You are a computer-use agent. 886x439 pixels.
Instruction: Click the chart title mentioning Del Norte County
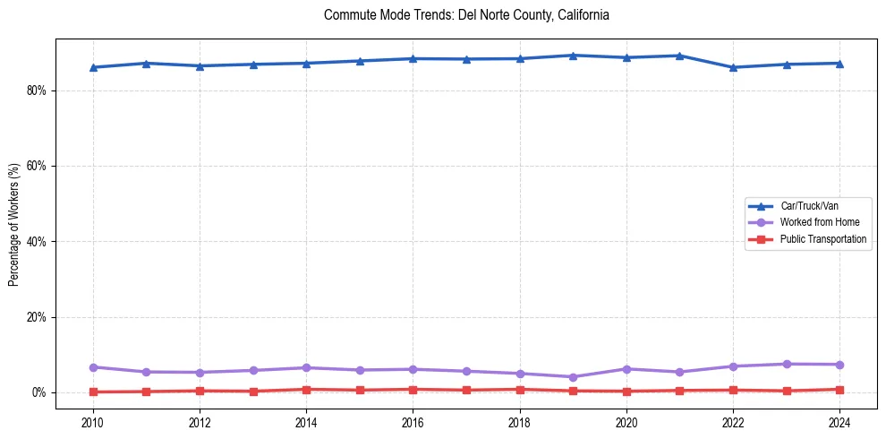[467, 15]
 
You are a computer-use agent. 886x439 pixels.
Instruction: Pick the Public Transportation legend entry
[823, 239]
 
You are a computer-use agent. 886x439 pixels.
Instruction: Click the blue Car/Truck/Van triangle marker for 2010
[93, 67]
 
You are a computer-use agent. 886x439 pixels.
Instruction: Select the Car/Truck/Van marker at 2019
[573, 56]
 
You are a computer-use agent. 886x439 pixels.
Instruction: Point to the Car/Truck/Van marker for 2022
[733, 67]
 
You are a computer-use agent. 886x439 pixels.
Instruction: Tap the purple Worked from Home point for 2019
[573, 377]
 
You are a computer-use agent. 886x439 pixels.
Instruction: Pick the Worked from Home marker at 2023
[787, 364]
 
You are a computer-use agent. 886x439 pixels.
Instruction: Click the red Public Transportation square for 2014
[306, 390]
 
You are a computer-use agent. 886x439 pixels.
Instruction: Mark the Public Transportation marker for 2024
[839, 390]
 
